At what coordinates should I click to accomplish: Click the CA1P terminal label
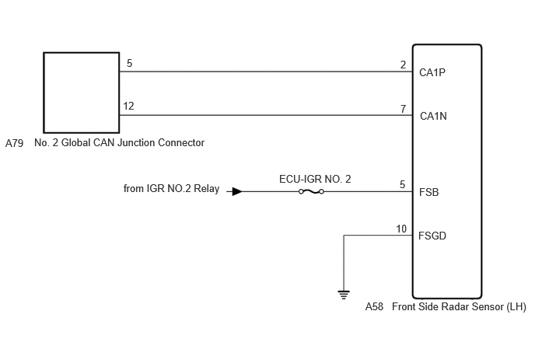tap(432, 72)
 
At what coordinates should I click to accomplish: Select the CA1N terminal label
tap(433, 116)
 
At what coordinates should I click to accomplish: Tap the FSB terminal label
tap(429, 192)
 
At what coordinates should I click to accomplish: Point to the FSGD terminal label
tap(432, 236)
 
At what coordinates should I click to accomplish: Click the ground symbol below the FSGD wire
tap(344, 295)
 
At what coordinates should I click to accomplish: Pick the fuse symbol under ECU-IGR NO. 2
tap(311, 192)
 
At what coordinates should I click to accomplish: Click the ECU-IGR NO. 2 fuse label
tap(315, 179)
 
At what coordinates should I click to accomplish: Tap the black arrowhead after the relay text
tap(237, 191)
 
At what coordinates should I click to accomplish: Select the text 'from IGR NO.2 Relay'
tap(171, 189)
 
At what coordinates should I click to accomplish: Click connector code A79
tap(14, 143)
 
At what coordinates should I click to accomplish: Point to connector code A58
tap(374, 307)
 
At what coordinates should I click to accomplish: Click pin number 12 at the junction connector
tap(128, 106)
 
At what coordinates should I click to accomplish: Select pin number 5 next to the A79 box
tap(129, 63)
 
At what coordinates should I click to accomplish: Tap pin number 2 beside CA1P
tap(404, 65)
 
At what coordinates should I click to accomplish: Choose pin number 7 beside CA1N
tap(404, 109)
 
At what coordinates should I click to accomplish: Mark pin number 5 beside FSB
tap(403, 184)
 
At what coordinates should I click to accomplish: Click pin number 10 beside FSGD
tap(401, 229)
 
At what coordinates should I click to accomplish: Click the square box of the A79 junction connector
tap(44, 93)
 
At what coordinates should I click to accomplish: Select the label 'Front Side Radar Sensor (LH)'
tap(459, 307)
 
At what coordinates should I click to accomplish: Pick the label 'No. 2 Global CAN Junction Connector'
tap(120, 142)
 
